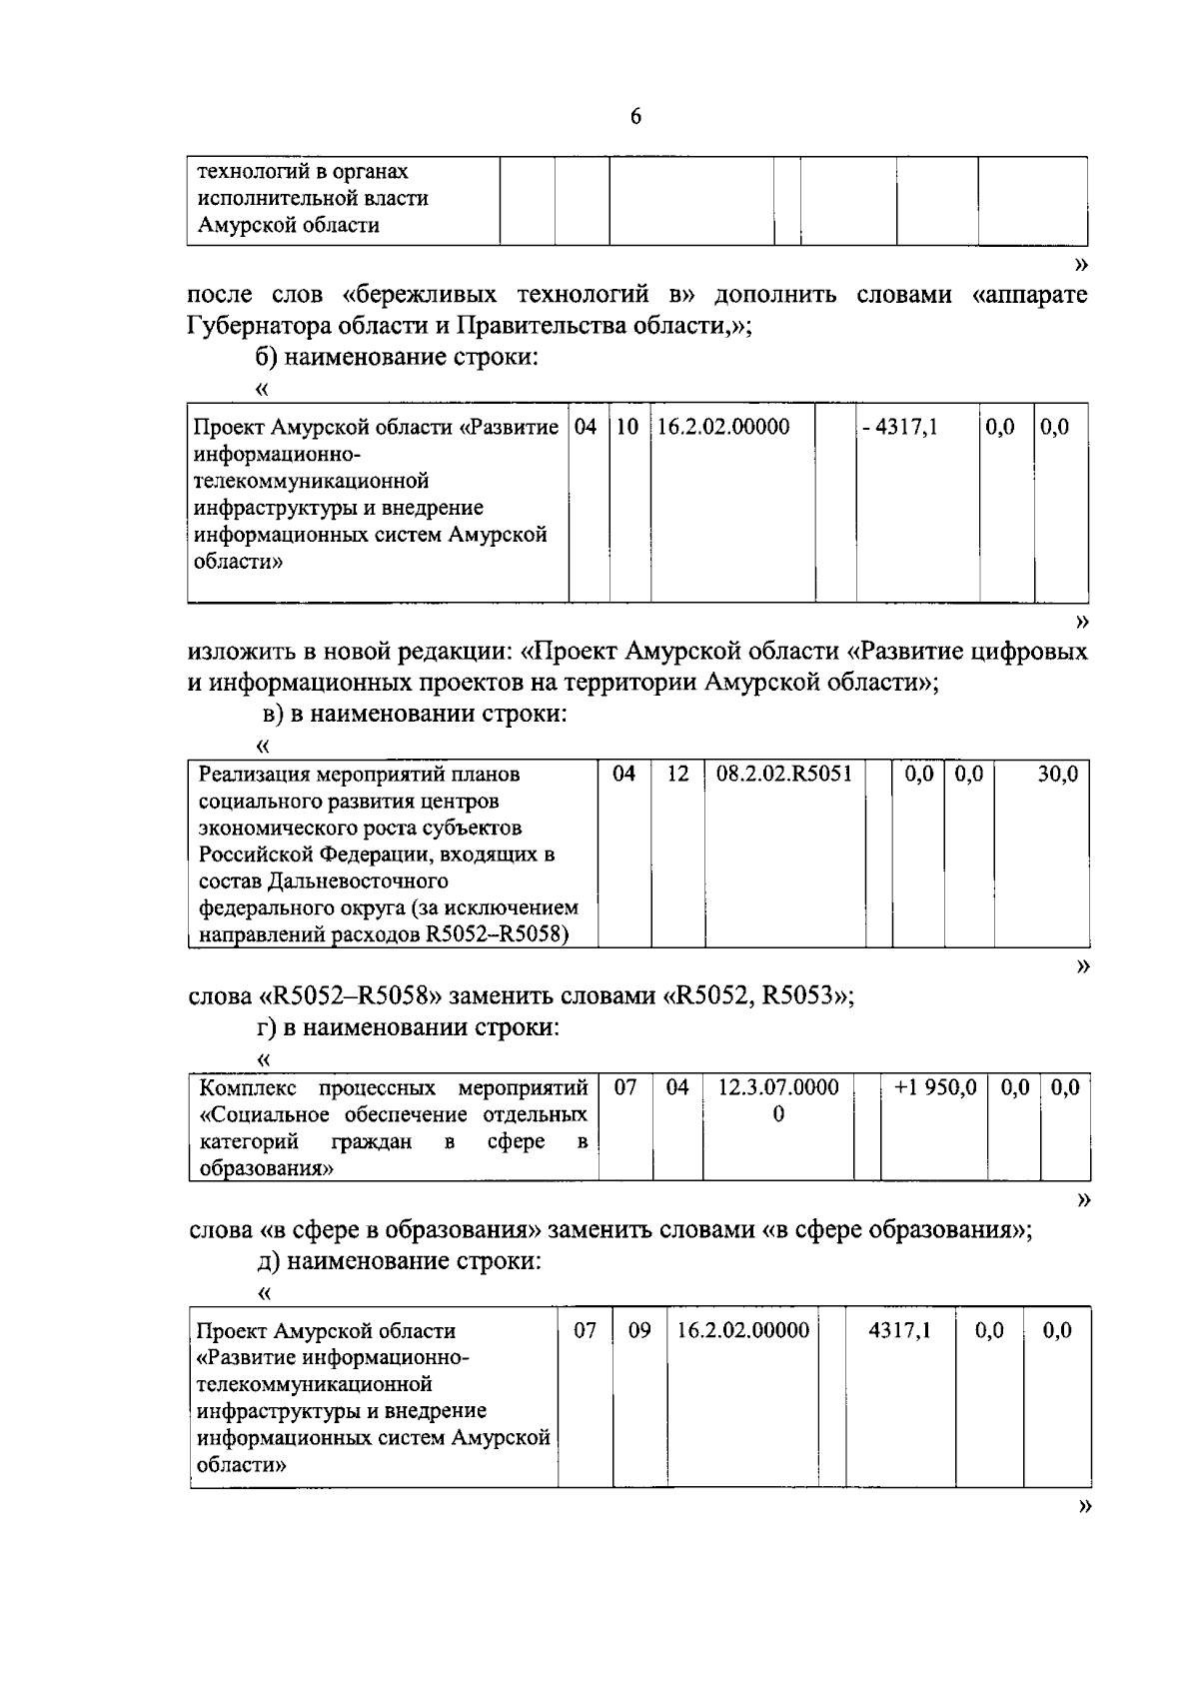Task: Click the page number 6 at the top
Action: point(635,117)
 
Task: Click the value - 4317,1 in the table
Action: point(899,428)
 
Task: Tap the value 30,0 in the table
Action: point(1056,775)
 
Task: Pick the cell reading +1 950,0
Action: point(935,1087)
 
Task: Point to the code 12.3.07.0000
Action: point(778,1087)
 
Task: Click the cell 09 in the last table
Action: point(639,1331)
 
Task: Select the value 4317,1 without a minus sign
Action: point(899,1331)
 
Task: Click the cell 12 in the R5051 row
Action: point(677,775)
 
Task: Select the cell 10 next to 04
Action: point(627,428)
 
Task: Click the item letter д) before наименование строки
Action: point(269,1261)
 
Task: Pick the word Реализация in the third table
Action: point(252,775)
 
